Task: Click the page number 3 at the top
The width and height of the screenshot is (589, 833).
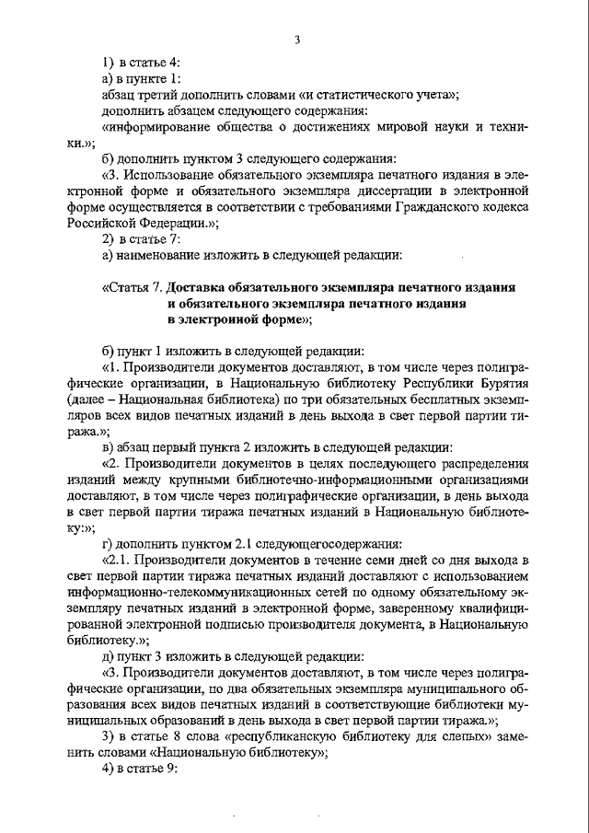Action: coord(297,39)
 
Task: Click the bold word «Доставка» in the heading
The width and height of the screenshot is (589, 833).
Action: coord(207,286)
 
